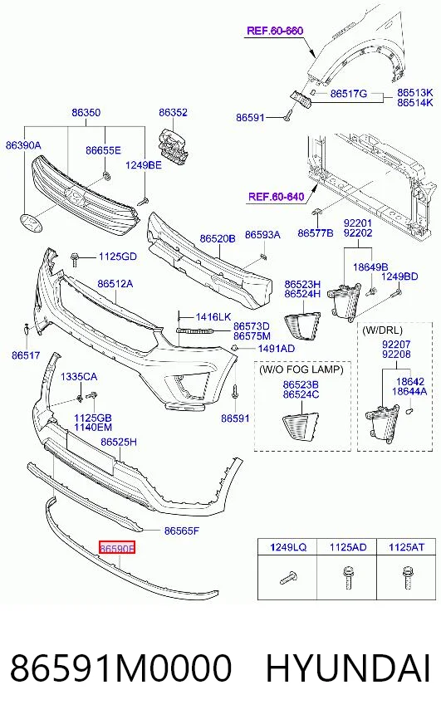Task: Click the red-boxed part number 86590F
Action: point(117,548)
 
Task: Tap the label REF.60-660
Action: point(275,31)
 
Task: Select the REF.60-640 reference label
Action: point(277,197)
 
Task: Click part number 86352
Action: point(174,112)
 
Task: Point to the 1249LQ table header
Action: point(288,547)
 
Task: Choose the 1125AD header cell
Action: point(348,547)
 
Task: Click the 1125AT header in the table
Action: point(406,547)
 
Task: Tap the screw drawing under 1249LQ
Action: point(288,577)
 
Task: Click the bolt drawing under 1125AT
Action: point(407,577)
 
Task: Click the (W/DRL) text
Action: point(382,330)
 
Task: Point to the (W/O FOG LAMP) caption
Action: point(301,369)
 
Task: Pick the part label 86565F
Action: point(182,531)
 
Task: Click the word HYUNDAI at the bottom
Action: point(348,668)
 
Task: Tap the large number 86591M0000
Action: point(120,668)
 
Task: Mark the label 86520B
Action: point(218,239)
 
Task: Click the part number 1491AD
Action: point(277,348)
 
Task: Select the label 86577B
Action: point(315,233)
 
